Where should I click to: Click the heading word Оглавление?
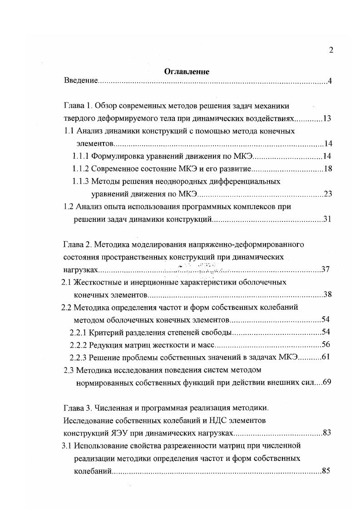[187, 71]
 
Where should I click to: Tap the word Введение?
[81, 81]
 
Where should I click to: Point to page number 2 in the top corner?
[331, 50]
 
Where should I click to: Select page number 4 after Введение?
[331, 82]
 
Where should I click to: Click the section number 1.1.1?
[81, 157]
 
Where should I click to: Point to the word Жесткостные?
[97, 282]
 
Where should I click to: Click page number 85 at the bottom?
[325, 470]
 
